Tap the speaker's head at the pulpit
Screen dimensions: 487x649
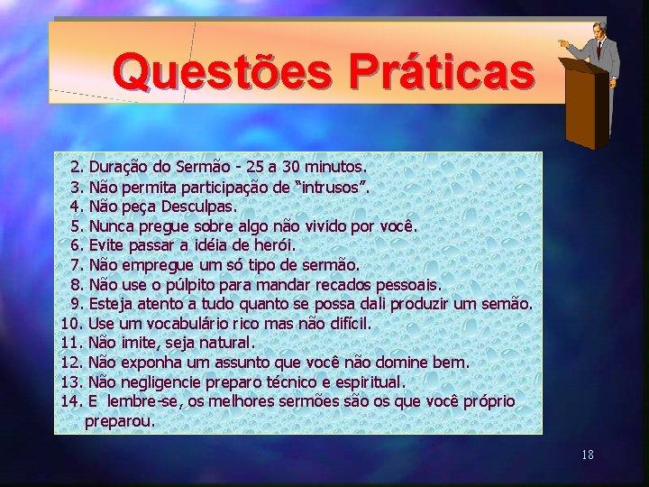click(x=598, y=29)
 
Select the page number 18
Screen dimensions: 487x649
click(x=588, y=455)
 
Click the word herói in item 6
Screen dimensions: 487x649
click(x=274, y=244)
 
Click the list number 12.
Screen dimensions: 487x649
click(x=71, y=363)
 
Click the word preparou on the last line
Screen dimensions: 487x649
click(x=120, y=420)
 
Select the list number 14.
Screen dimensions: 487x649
click(x=71, y=400)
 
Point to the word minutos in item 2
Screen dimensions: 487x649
click(x=335, y=167)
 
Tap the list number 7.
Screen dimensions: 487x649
click(x=77, y=264)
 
